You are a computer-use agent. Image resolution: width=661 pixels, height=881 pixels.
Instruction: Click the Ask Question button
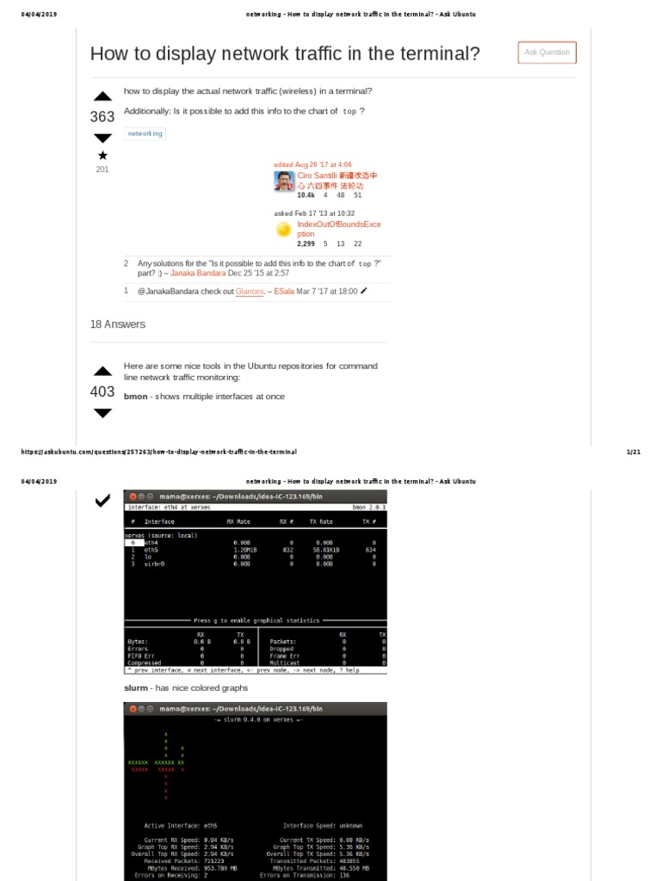[547, 52]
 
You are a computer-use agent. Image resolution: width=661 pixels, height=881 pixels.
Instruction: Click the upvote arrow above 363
[102, 96]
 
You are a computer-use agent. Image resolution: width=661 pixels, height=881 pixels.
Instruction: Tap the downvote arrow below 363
[102, 138]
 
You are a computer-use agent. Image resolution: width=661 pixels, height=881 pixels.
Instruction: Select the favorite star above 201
[102, 156]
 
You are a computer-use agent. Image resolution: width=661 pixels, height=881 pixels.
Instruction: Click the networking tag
[144, 133]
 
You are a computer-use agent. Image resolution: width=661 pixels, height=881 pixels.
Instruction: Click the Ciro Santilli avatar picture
[284, 181]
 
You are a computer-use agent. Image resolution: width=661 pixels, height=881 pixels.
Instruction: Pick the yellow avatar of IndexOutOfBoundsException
[284, 230]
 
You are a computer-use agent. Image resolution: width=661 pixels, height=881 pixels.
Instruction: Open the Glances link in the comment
[250, 292]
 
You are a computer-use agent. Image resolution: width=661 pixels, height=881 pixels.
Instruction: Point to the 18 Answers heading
[118, 324]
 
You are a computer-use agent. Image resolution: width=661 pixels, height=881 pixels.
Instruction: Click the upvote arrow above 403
[102, 372]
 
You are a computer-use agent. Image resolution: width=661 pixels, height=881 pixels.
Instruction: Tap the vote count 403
[102, 391]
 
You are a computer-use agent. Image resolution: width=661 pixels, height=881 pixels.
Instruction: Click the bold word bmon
[135, 396]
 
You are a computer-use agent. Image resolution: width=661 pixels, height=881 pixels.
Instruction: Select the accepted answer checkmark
[102, 500]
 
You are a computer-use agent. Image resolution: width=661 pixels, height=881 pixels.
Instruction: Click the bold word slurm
[135, 688]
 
